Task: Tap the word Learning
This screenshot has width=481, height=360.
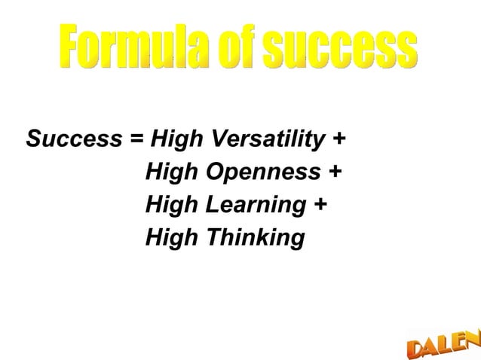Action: coord(257,205)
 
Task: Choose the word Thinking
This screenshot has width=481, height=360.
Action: coord(256,238)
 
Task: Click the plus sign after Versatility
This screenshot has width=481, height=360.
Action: coord(339,140)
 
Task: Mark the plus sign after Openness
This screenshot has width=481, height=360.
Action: coord(334,172)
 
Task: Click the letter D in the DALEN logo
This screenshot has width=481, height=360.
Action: coord(418,349)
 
